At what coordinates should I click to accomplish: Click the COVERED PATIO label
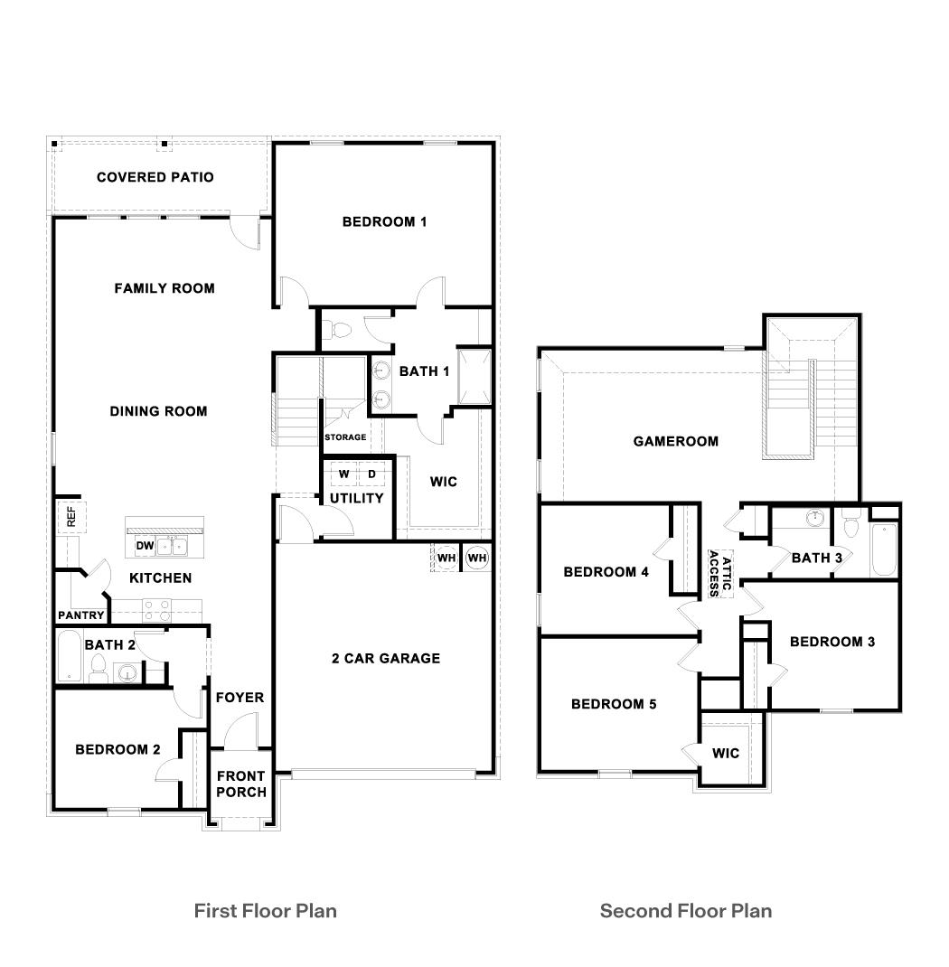(x=155, y=177)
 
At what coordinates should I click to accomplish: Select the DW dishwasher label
(x=145, y=546)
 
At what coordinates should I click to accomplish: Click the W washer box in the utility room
(x=344, y=474)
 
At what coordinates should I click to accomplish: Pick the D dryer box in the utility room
(x=371, y=474)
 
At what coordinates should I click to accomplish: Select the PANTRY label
(x=82, y=615)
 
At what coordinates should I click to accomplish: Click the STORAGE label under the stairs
(x=345, y=437)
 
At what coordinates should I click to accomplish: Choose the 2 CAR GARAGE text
(x=385, y=658)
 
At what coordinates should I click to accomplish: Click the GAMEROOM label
(x=676, y=441)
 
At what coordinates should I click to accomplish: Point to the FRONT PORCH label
(x=241, y=784)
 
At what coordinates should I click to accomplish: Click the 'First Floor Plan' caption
(x=265, y=910)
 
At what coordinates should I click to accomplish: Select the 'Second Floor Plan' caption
(x=686, y=910)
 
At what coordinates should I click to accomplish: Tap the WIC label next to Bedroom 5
(x=726, y=753)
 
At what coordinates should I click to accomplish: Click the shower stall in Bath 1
(x=474, y=377)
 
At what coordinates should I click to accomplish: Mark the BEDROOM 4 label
(x=606, y=571)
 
